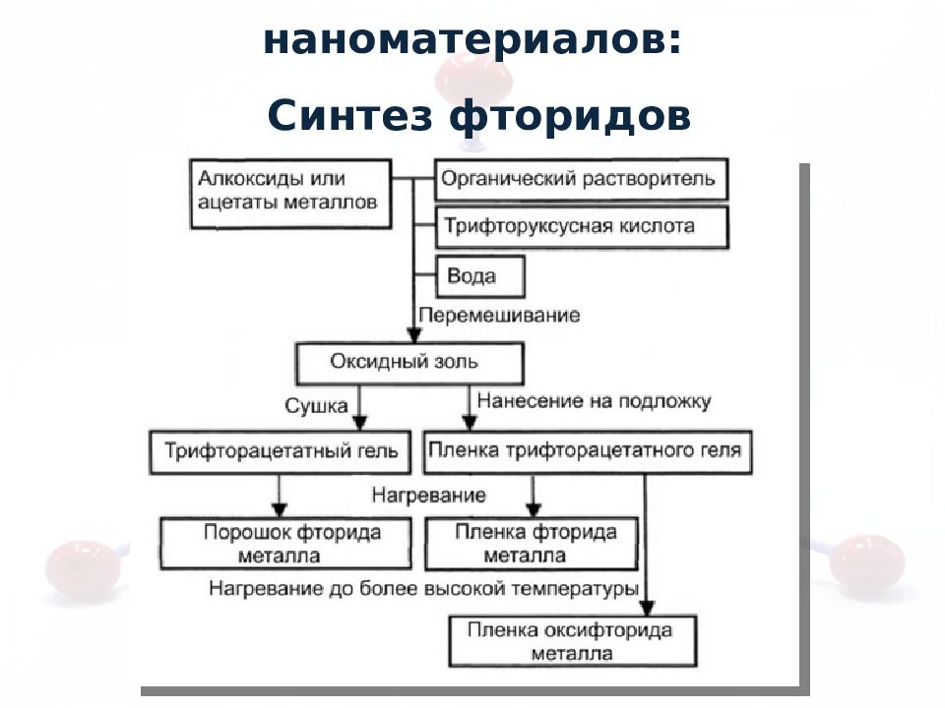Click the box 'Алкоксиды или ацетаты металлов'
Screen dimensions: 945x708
point(290,194)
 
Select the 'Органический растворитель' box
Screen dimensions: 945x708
point(582,179)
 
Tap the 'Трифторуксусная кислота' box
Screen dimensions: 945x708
point(582,227)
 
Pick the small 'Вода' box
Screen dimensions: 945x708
point(479,276)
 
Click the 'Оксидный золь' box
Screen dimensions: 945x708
point(409,364)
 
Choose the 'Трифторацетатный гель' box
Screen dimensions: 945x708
point(281,451)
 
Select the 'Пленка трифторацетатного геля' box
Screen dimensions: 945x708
point(588,451)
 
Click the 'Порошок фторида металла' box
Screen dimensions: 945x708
point(285,544)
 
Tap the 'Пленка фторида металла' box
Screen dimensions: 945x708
point(532,544)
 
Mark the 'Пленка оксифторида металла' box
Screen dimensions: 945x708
point(573,641)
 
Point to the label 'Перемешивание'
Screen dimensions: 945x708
point(499,315)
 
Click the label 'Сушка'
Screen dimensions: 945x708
point(316,406)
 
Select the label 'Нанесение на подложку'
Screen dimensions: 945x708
point(594,401)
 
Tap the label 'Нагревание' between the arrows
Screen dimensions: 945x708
point(428,495)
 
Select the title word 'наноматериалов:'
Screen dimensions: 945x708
point(472,40)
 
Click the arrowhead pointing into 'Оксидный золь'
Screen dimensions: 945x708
point(413,335)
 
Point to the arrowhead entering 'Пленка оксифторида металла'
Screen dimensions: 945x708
point(647,608)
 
